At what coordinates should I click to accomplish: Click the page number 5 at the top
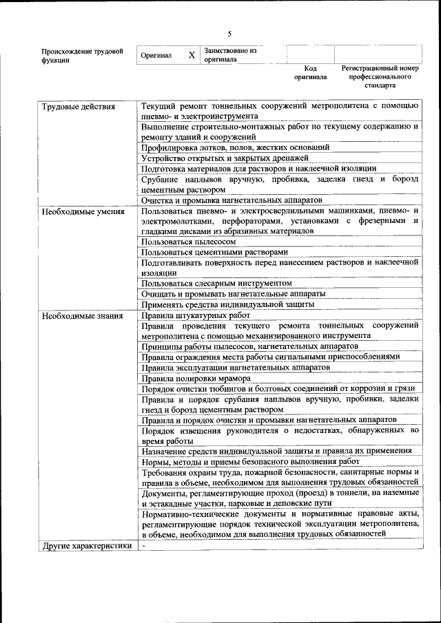pos(230,34)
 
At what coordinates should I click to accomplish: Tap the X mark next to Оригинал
pos(192,55)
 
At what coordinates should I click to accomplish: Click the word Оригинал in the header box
pos(156,55)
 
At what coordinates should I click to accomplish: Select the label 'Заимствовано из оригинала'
pos(230,55)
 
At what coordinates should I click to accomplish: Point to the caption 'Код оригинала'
pos(310,73)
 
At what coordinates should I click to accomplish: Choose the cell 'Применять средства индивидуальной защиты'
pos(228,304)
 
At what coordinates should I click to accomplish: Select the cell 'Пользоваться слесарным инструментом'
pos(216,283)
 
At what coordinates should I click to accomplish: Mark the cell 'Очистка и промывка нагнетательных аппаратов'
pos(234,200)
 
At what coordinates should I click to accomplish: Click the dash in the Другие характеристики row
pos(143,547)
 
